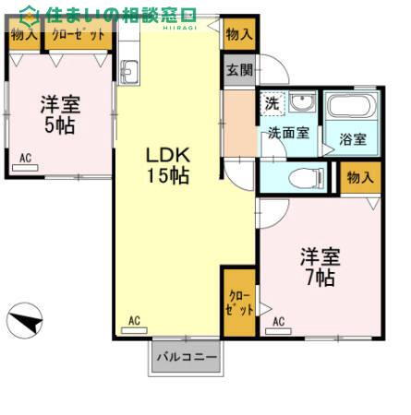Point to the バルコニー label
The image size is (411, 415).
tap(187, 356)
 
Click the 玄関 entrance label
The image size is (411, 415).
tap(235, 69)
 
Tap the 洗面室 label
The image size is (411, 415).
tap(288, 133)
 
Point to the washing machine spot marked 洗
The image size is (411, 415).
tap(272, 101)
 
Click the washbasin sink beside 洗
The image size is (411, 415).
tap(302, 101)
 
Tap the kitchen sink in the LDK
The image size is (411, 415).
tap(128, 71)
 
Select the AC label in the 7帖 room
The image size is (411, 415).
tap(278, 322)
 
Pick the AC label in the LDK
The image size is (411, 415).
tap(134, 321)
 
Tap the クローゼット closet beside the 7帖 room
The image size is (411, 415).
tap(237, 302)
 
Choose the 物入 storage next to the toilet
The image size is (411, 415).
tap(358, 176)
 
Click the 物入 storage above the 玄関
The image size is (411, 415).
tap(238, 34)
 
